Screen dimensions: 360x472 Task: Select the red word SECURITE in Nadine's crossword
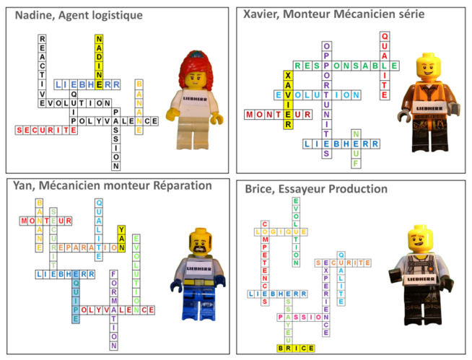pyautogui.click(x=46, y=131)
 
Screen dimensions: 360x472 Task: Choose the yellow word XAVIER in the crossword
pyautogui.click(x=288, y=100)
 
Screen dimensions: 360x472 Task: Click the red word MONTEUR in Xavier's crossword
pyautogui.click(x=278, y=114)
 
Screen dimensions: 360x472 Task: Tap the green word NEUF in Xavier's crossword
pyautogui.click(x=355, y=150)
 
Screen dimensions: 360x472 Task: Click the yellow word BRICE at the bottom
pyautogui.click(x=296, y=348)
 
